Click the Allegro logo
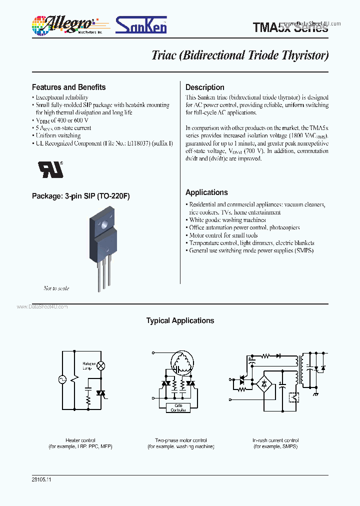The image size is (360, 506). pyautogui.click(x=64, y=24)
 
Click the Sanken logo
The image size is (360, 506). pyautogui.click(x=141, y=24)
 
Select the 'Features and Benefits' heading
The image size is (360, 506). pyautogui.click(x=68, y=87)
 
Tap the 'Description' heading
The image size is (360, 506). pyautogui.click(x=204, y=87)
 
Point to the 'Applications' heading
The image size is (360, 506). pyautogui.click(x=206, y=192)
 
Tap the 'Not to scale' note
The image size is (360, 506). pyautogui.click(x=56, y=288)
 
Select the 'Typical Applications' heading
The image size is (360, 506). pyautogui.click(x=180, y=321)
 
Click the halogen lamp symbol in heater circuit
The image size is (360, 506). pyautogui.click(x=100, y=365)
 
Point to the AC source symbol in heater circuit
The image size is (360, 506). pyautogui.click(x=63, y=379)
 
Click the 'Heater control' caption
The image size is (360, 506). pyautogui.click(x=80, y=440)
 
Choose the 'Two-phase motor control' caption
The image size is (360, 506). pyautogui.click(x=180, y=440)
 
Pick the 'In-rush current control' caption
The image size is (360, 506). pyautogui.click(x=275, y=440)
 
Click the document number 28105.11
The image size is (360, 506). pyautogui.click(x=41, y=479)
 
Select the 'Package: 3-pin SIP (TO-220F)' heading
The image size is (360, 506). pyautogui.click(x=80, y=196)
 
